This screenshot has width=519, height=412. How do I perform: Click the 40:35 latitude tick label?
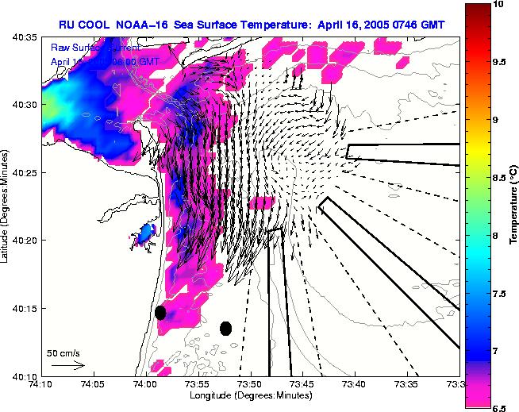(x=25, y=37)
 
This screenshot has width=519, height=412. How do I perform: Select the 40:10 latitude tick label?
(x=25, y=376)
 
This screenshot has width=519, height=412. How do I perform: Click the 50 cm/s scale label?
(x=62, y=352)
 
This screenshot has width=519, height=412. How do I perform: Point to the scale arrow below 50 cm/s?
(x=67, y=365)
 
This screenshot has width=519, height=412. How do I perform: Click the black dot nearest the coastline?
(x=160, y=312)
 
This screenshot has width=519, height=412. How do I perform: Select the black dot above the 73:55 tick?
(x=225, y=328)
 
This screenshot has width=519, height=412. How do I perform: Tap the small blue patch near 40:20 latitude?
(x=144, y=235)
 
